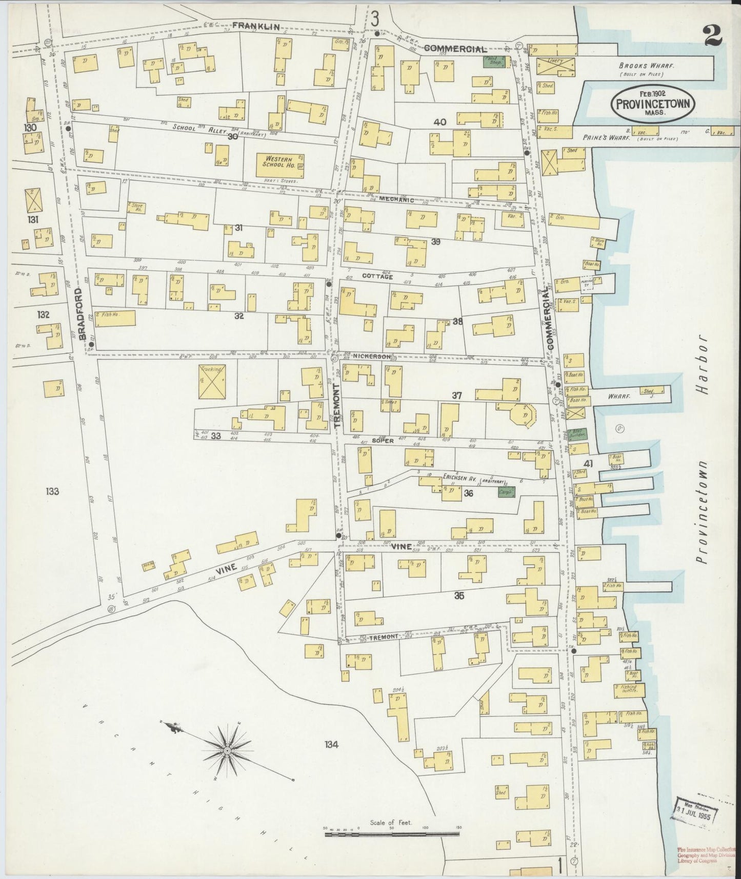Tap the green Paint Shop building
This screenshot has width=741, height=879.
(494, 62)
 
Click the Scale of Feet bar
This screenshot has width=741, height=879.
(392, 835)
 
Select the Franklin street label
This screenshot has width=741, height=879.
(250, 25)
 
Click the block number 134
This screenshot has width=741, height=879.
(331, 744)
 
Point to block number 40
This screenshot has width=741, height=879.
(439, 122)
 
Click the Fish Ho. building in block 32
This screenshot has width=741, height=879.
(114, 318)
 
